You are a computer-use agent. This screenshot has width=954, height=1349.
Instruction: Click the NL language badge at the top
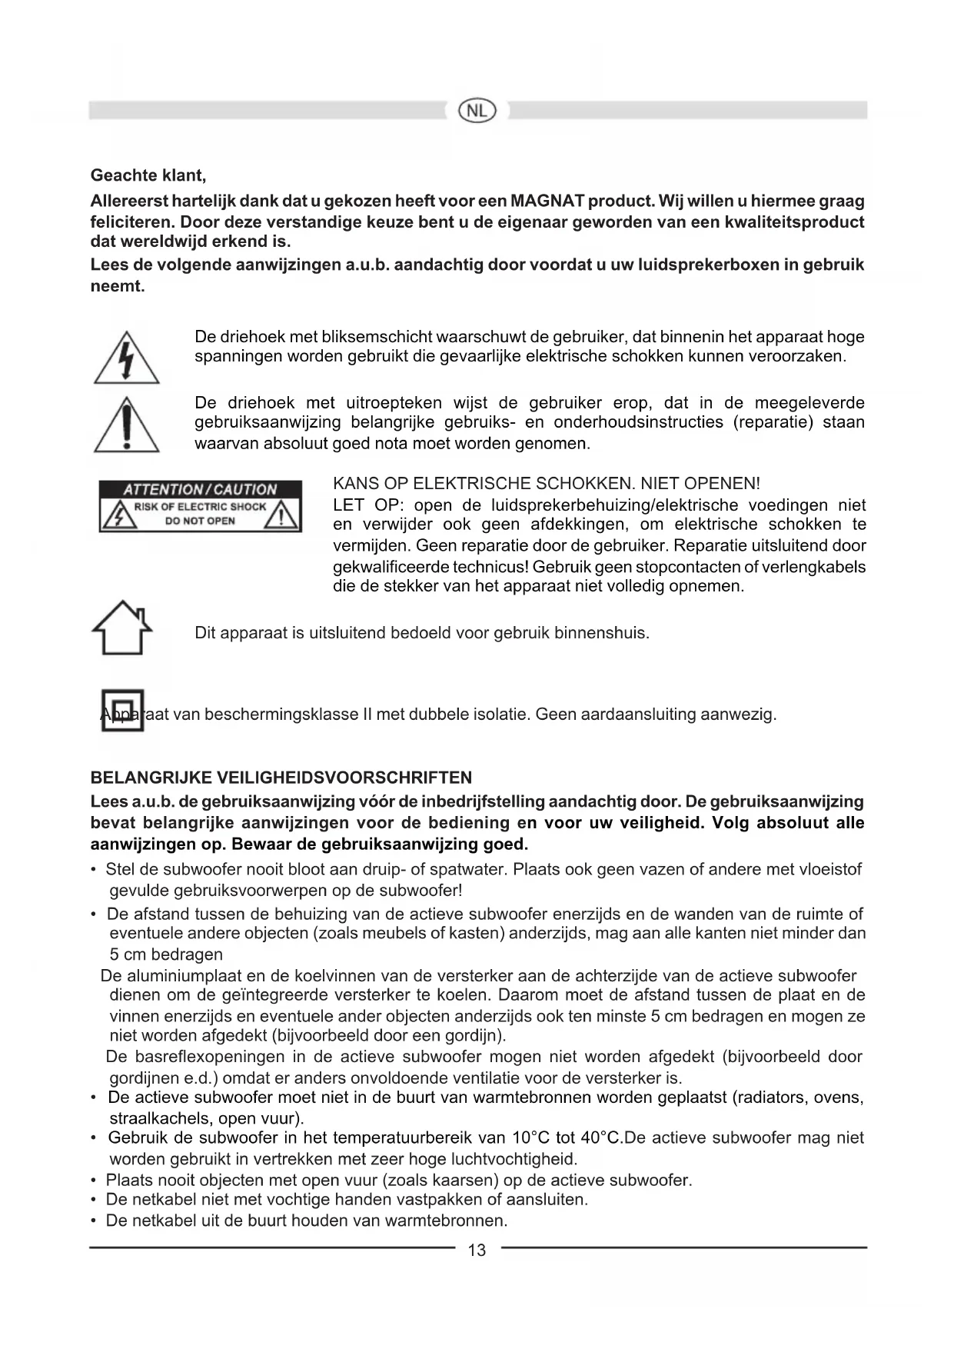click(x=477, y=111)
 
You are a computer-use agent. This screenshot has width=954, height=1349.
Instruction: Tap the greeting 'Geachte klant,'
click(x=148, y=175)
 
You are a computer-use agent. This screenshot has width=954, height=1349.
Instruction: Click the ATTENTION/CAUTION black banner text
click(x=200, y=489)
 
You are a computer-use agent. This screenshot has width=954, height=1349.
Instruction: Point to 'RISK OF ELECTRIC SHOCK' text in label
click(x=200, y=507)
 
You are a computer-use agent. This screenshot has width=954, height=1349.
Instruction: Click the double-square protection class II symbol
click(x=122, y=711)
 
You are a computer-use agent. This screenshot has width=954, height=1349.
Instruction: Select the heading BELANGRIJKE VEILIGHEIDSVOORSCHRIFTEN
click(x=281, y=778)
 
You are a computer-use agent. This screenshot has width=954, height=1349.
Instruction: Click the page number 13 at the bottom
click(x=477, y=1250)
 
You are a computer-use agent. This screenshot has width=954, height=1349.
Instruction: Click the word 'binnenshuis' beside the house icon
click(x=602, y=634)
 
